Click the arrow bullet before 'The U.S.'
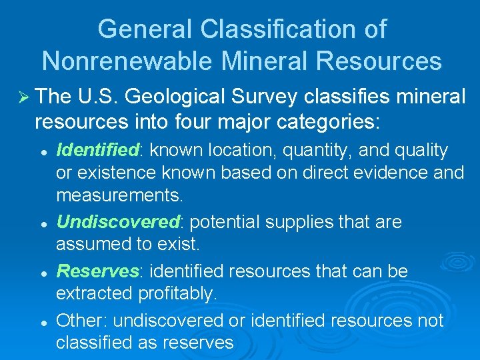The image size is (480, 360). pyautogui.click(x=21, y=97)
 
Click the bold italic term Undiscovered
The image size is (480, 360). pyautogui.click(x=117, y=222)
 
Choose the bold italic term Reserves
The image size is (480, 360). pyautogui.click(x=96, y=271)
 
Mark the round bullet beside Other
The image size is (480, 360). pyautogui.click(x=43, y=322)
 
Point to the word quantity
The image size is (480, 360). pyautogui.click(x=311, y=151)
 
